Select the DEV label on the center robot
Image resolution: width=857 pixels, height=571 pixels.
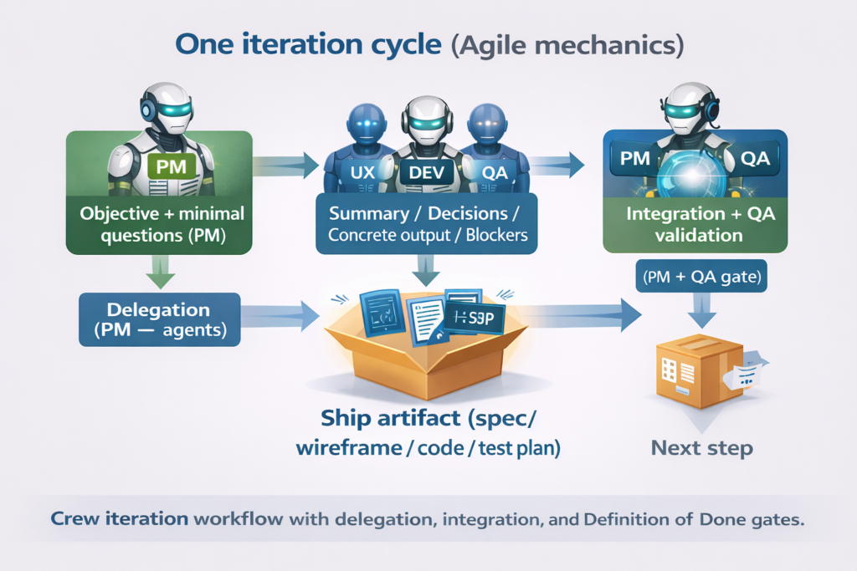tap(427, 173)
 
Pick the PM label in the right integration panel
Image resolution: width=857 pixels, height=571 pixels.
tap(636, 158)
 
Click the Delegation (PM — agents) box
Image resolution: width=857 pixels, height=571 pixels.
tap(158, 319)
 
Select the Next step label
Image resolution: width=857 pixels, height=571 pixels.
tap(701, 448)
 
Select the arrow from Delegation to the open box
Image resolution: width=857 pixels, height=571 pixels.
tap(281, 315)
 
